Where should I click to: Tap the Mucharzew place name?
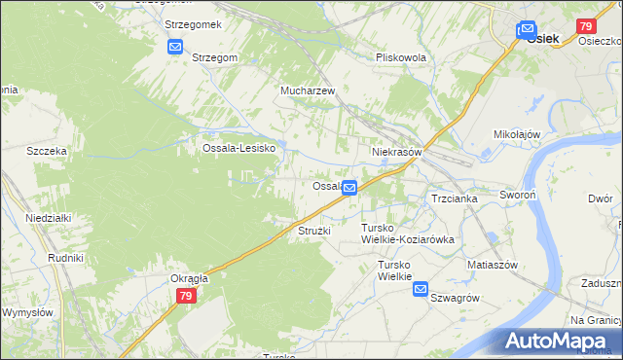(x=308, y=90)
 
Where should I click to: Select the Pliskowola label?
(x=401, y=57)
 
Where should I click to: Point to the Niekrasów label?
(x=396, y=153)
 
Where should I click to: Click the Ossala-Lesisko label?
(x=239, y=148)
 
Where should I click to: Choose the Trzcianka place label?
(x=454, y=198)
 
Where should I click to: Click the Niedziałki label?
(x=49, y=218)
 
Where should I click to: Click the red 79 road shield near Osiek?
(x=586, y=26)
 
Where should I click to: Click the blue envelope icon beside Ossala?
(x=349, y=185)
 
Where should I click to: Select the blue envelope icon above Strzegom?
(x=175, y=46)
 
